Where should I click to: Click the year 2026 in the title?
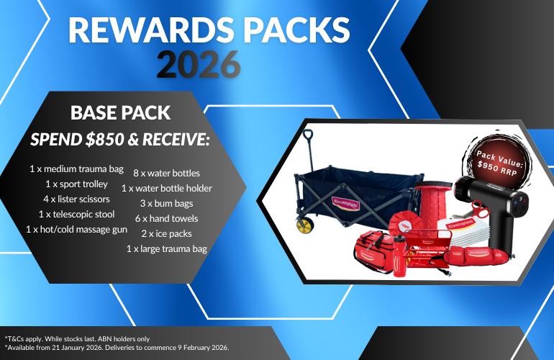pos(199,64)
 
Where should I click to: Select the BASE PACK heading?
pos(120,113)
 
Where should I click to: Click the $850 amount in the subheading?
pos(104,140)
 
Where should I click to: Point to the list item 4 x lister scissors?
pos(77,199)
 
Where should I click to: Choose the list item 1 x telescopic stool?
pos(77,215)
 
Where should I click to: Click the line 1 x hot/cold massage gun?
pos(77,230)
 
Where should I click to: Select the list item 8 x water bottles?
pos(166,174)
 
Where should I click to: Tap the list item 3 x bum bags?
pos(166,204)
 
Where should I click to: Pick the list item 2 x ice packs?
pos(166,234)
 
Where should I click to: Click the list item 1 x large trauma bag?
pos(167,249)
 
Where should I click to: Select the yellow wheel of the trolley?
pos(304,225)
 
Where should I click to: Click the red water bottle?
pos(399,256)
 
